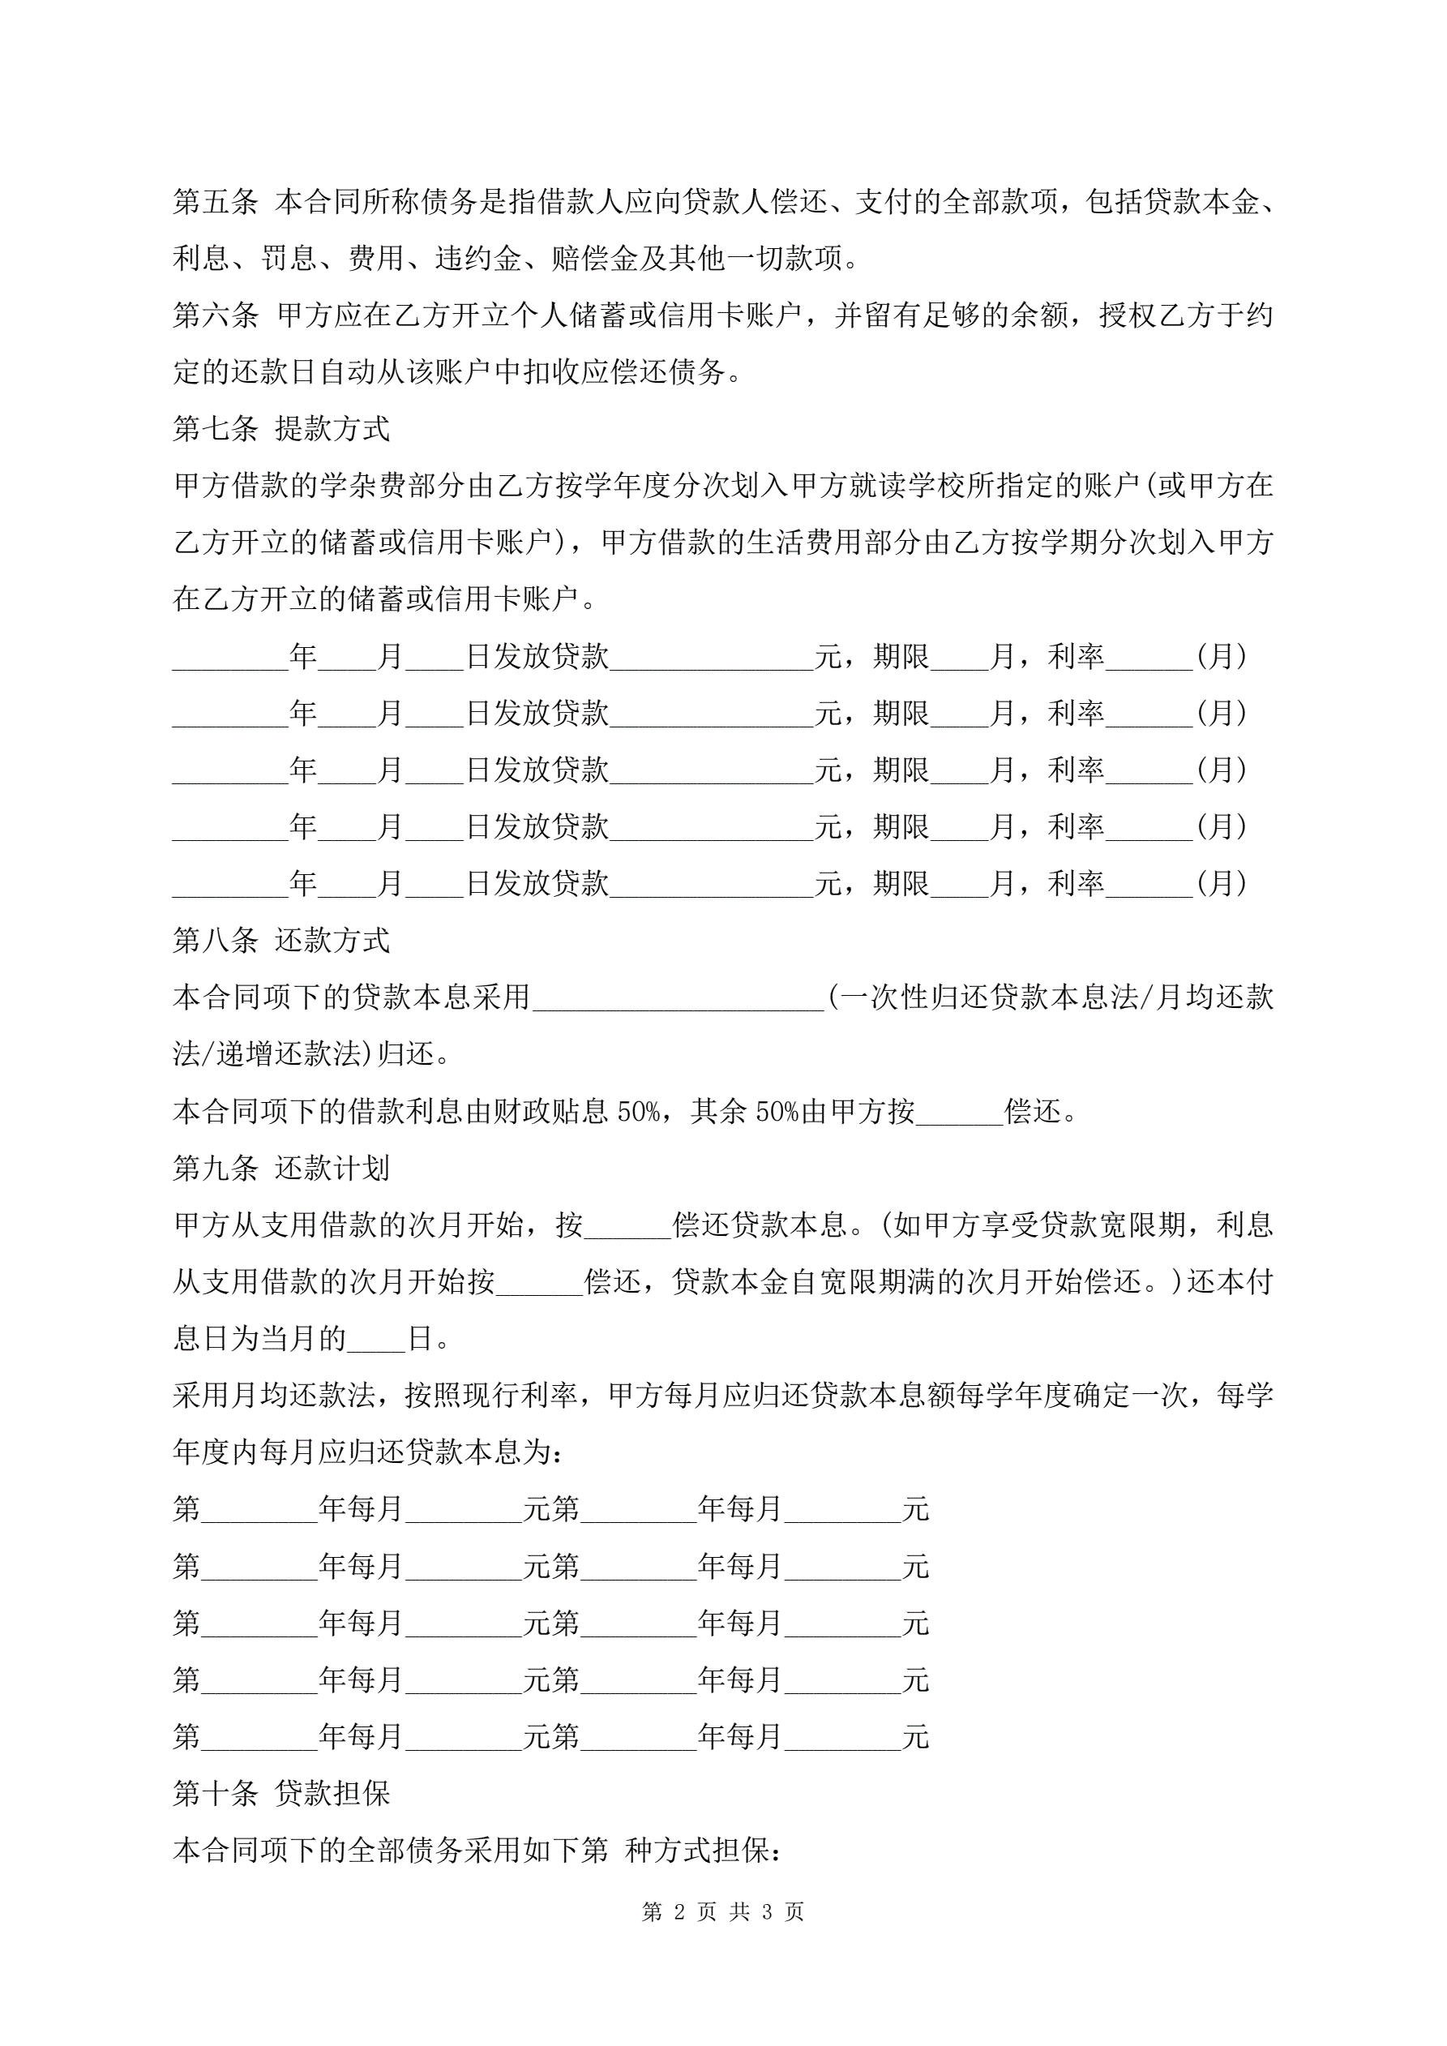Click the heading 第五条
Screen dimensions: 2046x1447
point(216,202)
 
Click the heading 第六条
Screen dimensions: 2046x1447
point(216,315)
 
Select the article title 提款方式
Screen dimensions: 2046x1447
point(333,430)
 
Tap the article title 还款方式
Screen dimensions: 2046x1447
point(333,940)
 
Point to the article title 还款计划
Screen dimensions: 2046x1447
point(333,1169)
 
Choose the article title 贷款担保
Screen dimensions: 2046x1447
point(333,1794)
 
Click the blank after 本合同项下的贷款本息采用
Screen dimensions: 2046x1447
point(677,998)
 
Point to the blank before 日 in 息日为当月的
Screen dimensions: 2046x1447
point(376,1340)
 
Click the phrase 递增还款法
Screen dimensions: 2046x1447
point(289,1055)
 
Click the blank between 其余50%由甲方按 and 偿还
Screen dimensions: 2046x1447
point(960,1112)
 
